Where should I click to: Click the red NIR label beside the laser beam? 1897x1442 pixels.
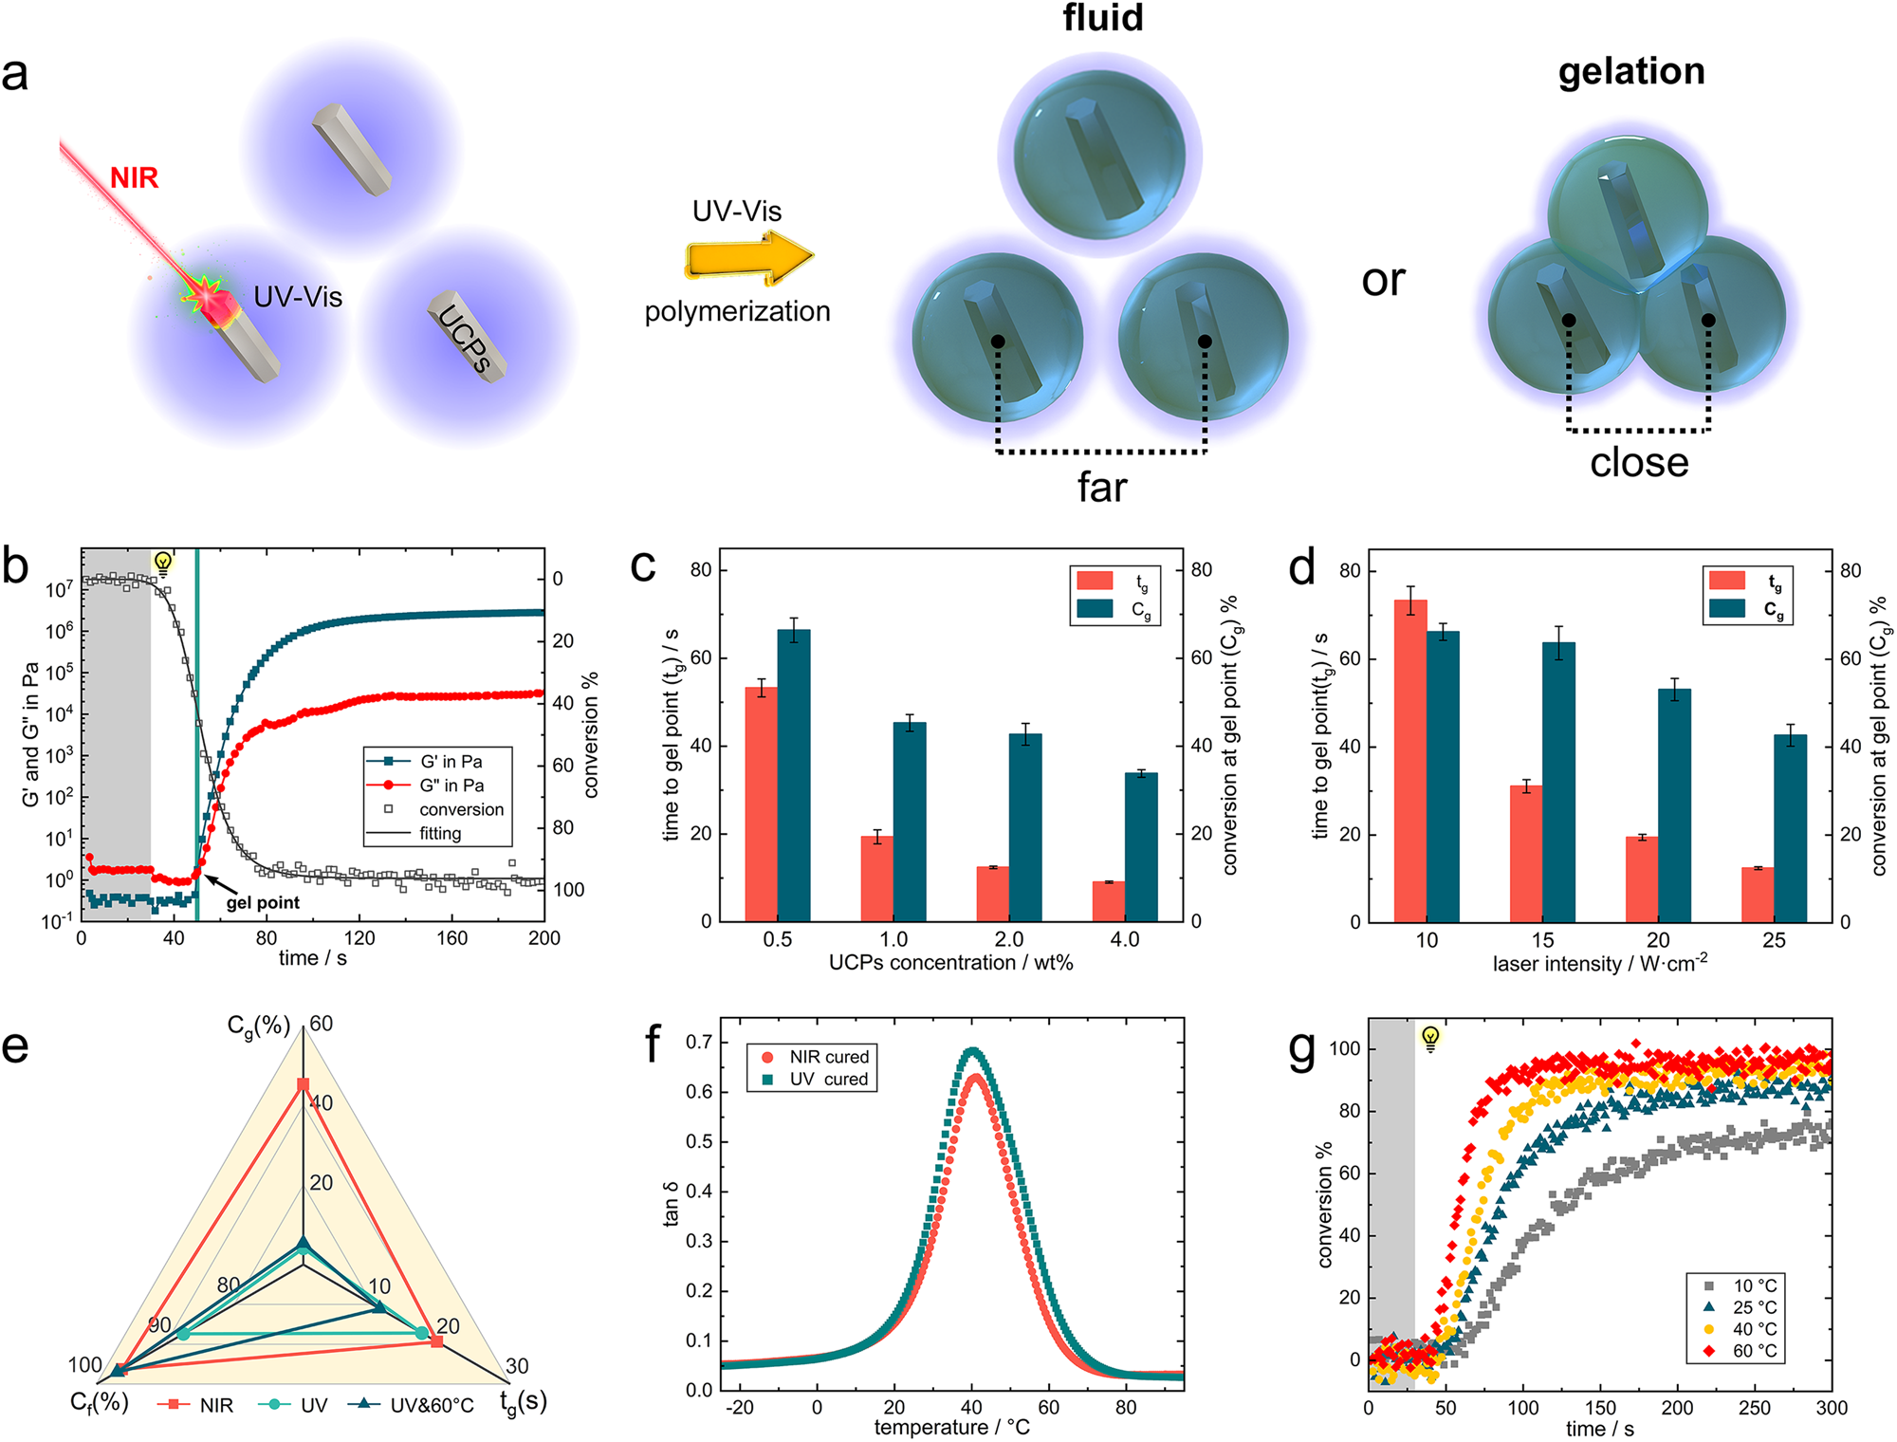click(x=134, y=177)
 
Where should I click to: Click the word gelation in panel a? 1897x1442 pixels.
click(x=1630, y=71)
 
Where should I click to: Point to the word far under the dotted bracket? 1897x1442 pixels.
click(x=1101, y=488)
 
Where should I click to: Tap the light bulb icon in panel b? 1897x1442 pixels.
click(x=163, y=564)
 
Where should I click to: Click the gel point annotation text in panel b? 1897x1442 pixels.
click(x=263, y=902)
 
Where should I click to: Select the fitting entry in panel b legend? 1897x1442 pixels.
click(x=440, y=833)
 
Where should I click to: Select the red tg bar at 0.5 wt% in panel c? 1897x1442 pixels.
click(x=761, y=803)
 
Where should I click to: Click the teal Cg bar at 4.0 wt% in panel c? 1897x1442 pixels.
click(x=1141, y=846)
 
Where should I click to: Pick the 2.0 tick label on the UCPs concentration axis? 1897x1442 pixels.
click(x=1008, y=939)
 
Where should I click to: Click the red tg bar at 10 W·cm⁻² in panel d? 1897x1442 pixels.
click(x=1410, y=760)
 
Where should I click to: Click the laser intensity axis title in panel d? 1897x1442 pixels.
click(x=1599, y=964)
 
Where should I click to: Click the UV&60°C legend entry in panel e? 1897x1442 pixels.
click(x=432, y=1405)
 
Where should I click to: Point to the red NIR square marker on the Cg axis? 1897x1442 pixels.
click(x=304, y=1084)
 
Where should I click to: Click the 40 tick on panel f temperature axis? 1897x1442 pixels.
click(x=971, y=1407)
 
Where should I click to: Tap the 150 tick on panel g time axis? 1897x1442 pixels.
click(x=1600, y=1408)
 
